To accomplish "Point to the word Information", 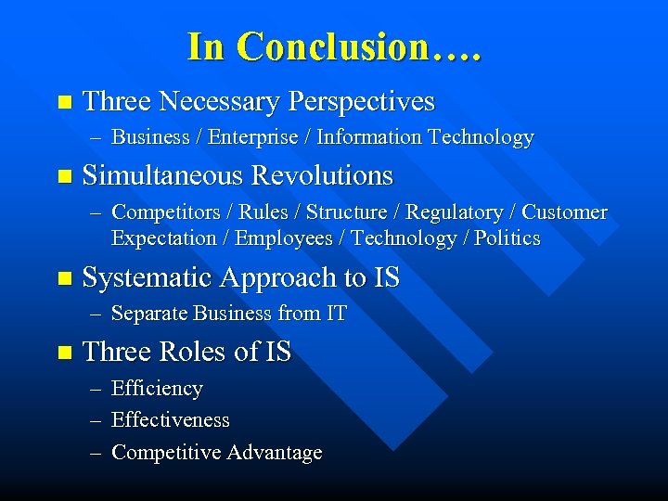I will pos(369,137).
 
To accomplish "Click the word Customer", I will pos(564,212).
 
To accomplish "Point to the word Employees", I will pos(283,238).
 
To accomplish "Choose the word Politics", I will pos(507,238).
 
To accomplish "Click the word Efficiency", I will pos(157,389).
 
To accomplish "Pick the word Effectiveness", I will pos(171,420).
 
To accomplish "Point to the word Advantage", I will pos(275,453).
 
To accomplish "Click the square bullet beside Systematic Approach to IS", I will pos(63,277).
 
